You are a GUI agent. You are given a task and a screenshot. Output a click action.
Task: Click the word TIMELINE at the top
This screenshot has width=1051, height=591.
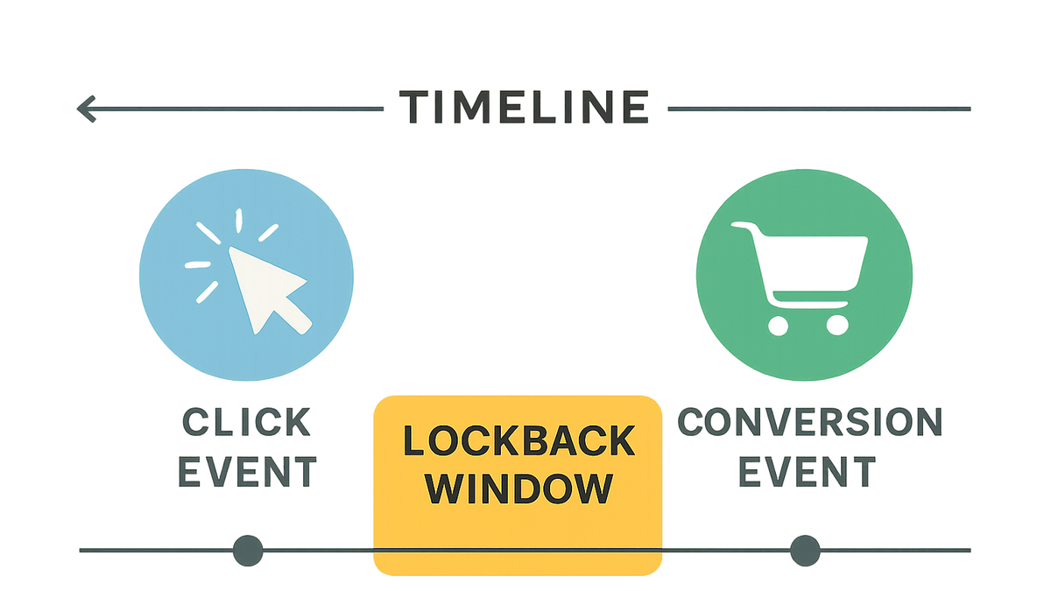(525, 107)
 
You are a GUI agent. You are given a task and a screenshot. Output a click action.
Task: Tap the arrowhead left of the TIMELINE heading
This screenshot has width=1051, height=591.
(87, 109)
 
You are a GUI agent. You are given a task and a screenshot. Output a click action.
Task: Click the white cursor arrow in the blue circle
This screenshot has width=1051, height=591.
(269, 290)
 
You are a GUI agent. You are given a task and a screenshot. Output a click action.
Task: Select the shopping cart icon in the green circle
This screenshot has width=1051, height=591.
(800, 278)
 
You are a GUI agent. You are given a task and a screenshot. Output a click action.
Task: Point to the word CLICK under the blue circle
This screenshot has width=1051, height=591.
(246, 422)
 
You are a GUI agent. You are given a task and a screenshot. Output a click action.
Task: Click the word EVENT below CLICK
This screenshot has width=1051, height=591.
(247, 472)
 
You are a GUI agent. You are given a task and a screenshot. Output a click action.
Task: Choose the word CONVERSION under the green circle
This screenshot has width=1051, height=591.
(810, 422)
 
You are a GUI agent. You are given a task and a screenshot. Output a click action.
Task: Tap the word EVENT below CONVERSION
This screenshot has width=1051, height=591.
(807, 472)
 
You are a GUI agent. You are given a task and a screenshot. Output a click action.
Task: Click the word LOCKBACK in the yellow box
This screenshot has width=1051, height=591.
(518, 441)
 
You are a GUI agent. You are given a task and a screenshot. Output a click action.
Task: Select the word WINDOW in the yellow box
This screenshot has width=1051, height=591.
(518, 489)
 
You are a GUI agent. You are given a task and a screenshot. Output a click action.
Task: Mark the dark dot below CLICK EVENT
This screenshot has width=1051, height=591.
(248, 551)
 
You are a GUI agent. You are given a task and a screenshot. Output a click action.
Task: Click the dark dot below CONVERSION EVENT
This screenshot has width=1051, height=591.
(805, 551)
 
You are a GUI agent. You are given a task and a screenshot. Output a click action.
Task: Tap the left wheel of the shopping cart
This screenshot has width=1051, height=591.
(778, 326)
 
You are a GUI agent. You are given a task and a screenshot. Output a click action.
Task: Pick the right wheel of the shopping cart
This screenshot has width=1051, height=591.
(837, 325)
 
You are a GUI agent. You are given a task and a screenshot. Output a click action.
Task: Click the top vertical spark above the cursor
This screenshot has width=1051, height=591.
(239, 221)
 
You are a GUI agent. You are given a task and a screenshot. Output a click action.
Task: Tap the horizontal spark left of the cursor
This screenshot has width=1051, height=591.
(198, 265)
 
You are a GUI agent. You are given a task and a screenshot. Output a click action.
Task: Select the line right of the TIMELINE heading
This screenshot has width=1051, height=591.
(819, 109)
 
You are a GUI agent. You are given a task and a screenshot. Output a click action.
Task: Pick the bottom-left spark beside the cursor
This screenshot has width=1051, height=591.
(207, 292)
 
